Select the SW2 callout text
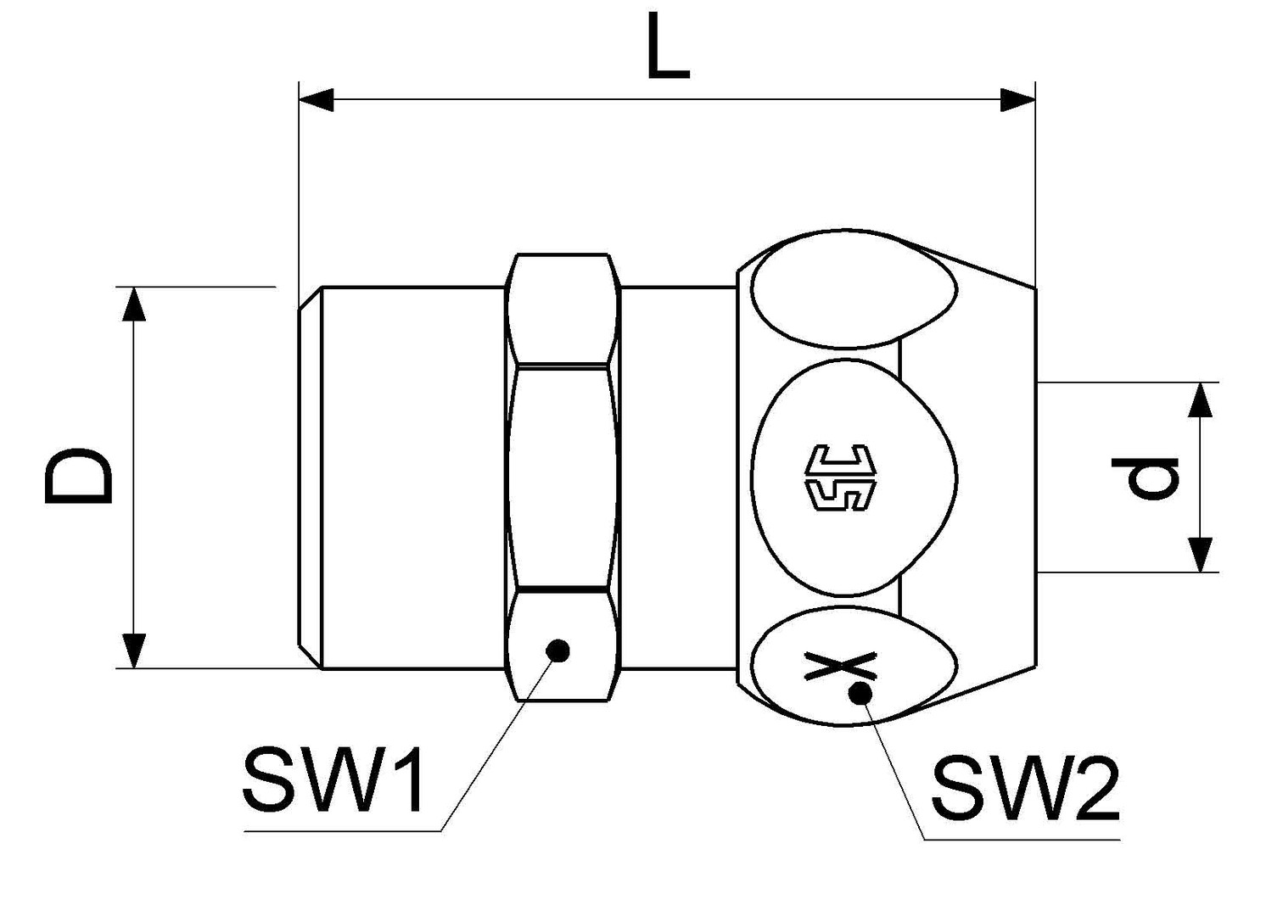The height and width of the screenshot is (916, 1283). click(x=1024, y=790)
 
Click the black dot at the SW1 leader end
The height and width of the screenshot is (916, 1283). click(x=557, y=651)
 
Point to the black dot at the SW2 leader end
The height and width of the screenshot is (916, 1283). click(x=860, y=694)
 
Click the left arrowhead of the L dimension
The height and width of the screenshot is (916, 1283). click(x=317, y=99)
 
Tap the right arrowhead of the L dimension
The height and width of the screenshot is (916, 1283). click(x=1018, y=99)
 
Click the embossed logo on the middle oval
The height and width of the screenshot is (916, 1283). click(x=838, y=478)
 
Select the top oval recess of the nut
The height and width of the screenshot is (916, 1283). click(x=855, y=288)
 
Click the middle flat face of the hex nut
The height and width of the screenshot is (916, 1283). click(x=561, y=477)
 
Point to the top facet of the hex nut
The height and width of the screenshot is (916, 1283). click(x=561, y=310)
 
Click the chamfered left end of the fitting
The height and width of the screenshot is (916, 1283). click(x=310, y=478)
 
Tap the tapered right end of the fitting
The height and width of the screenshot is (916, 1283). click(x=993, y=478)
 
